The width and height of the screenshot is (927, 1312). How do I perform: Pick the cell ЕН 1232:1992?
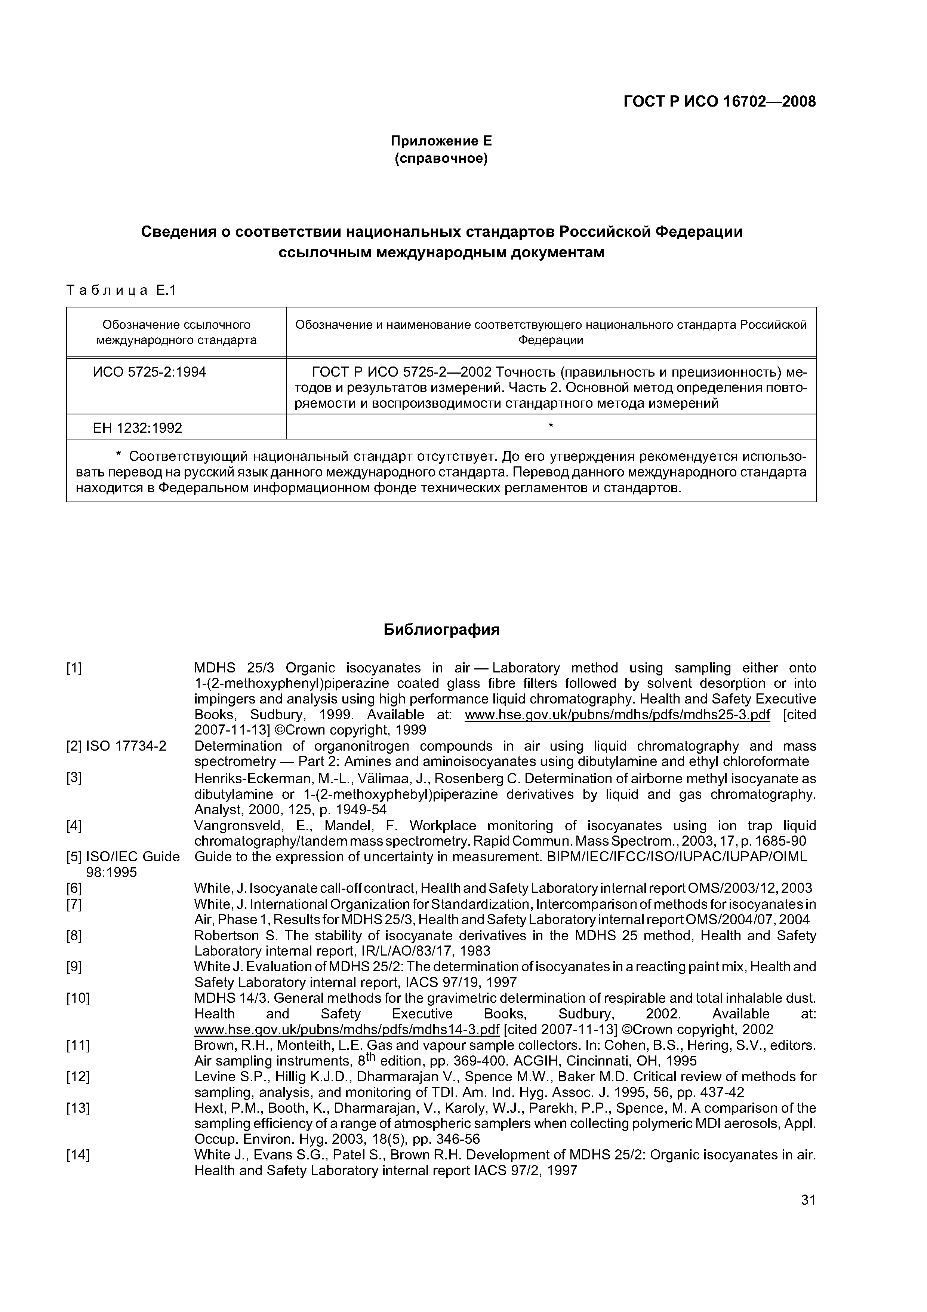(137, 428)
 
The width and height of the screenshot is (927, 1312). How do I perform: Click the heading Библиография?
(441, 630)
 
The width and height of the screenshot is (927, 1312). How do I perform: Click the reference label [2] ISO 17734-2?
(117, 746)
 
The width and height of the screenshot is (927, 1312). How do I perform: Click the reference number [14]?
(78, 1155)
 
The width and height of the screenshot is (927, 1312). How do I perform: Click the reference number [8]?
(74, 951)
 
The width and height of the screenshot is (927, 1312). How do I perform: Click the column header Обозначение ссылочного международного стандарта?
(176, 332)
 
